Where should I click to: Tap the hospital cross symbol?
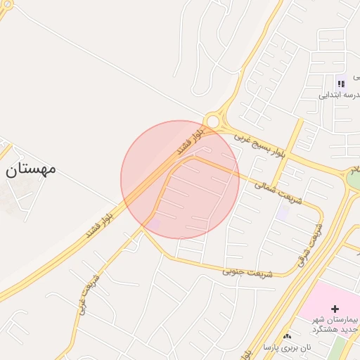(335, 309)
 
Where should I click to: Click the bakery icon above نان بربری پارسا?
(288, 337)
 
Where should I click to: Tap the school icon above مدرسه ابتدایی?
(341, 84)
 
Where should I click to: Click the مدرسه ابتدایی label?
(340, 96)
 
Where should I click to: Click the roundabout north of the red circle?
(212, 122)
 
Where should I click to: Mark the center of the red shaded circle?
(180, 180)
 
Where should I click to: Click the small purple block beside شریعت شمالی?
(283, 212)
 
